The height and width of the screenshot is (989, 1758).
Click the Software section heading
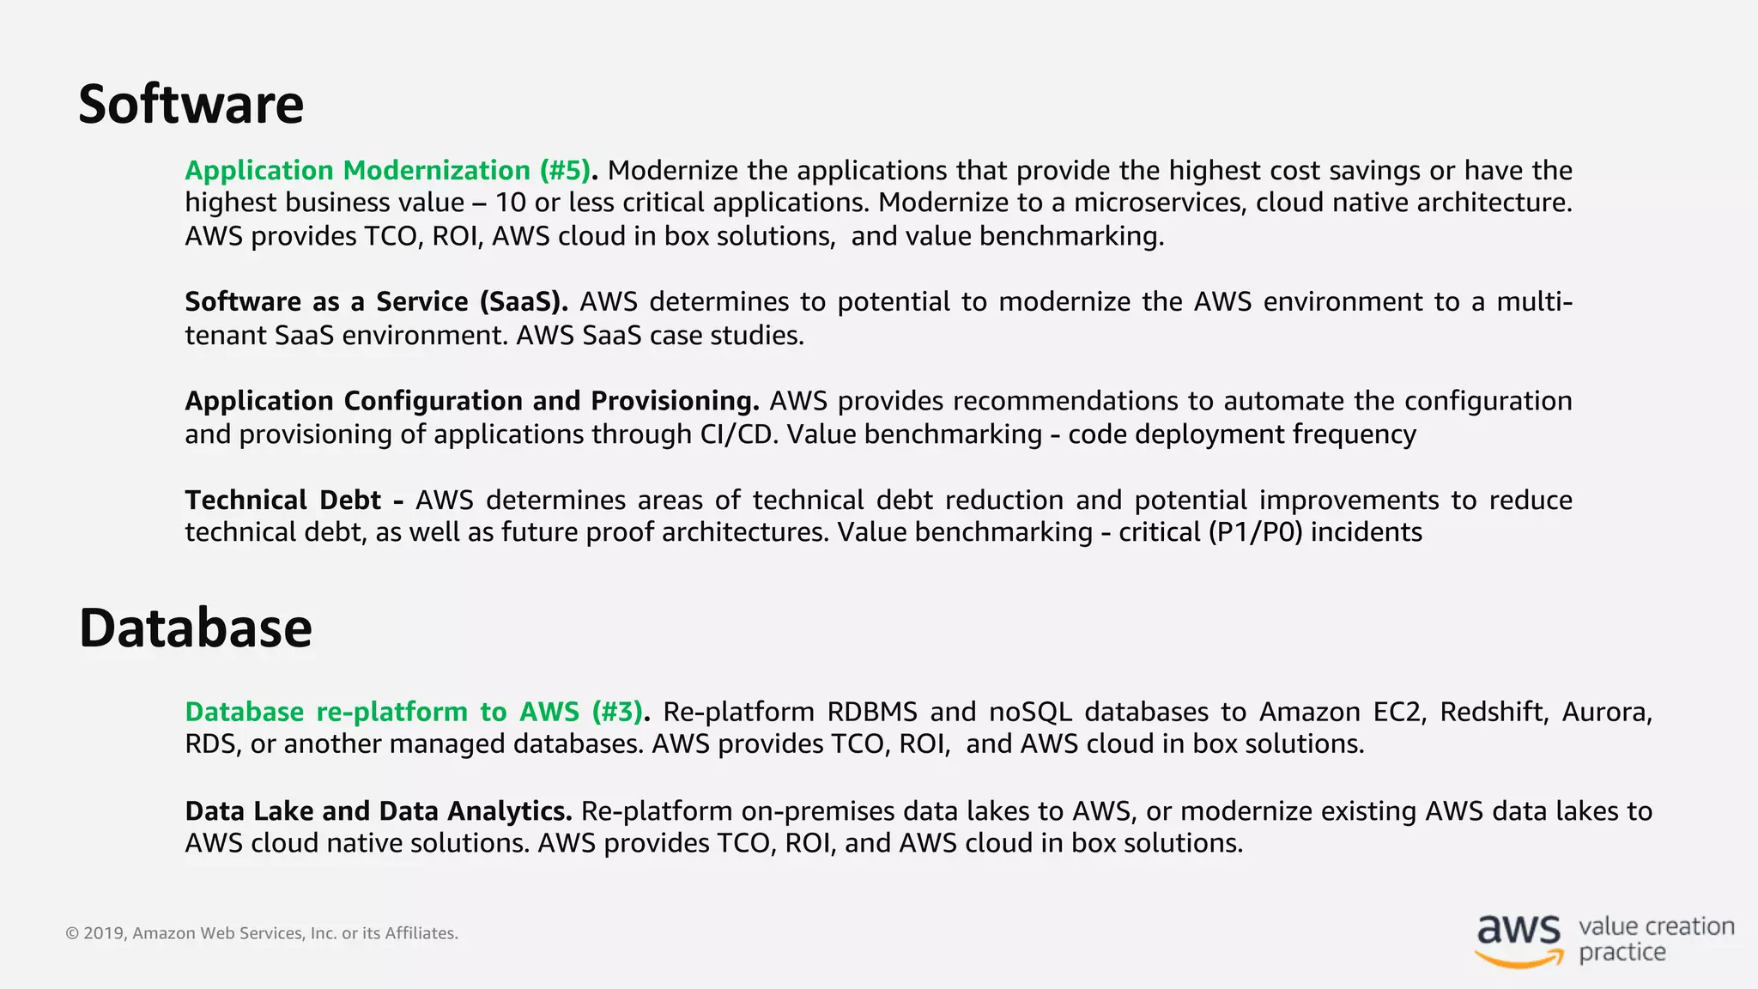191,105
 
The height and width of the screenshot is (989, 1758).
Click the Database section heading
195,628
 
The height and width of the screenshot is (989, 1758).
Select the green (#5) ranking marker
566,170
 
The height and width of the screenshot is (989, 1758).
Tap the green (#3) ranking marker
617,712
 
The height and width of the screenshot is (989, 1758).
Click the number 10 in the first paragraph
510,203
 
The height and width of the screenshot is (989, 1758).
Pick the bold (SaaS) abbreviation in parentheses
524,302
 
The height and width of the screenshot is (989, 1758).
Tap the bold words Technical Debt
283,500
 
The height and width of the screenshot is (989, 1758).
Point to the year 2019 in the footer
105,933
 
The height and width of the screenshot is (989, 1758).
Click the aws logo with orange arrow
1519,940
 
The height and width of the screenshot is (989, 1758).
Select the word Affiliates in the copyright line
421,933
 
